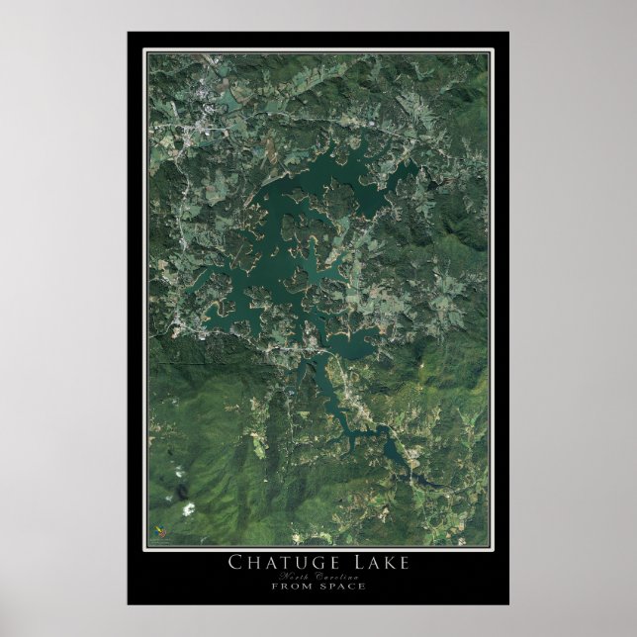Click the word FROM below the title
click(293, 586)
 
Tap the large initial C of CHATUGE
click(237, 563)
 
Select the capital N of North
click(286, 576)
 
